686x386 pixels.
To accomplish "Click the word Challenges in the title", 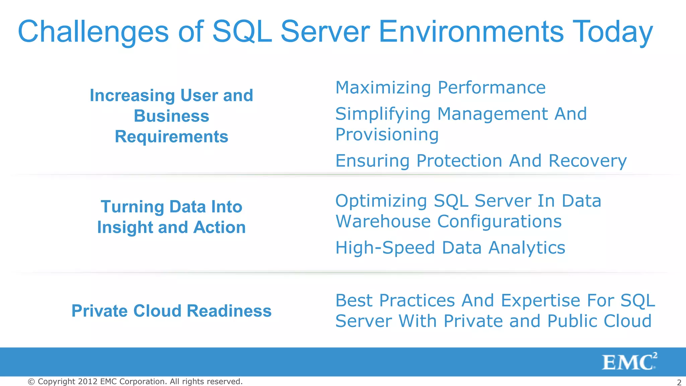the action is [x=93, y=32].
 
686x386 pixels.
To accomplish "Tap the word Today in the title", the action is [x=613, y=32].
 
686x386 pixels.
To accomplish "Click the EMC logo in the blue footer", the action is [x=629, y=362].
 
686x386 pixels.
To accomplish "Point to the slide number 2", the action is [x=679, y=382].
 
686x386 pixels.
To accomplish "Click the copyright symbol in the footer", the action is [x=31, y=382].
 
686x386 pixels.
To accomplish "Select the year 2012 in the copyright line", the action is [x=87, y=382].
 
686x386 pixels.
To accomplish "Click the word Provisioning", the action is [x=387, y=135].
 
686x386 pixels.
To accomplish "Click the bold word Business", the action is [x=171, y=116].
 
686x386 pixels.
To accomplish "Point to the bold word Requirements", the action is [x=171, y=137].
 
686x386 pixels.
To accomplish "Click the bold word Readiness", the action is [x=229, y=311].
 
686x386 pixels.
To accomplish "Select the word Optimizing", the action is [x=381, y=201].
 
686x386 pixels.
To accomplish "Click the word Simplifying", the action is [x=383, y=114].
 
